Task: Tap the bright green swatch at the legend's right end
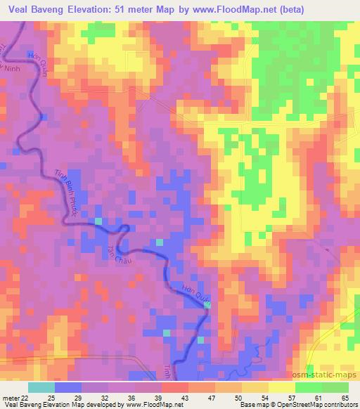tap(335, 387)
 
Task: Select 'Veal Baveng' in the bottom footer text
tap(20, 405)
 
